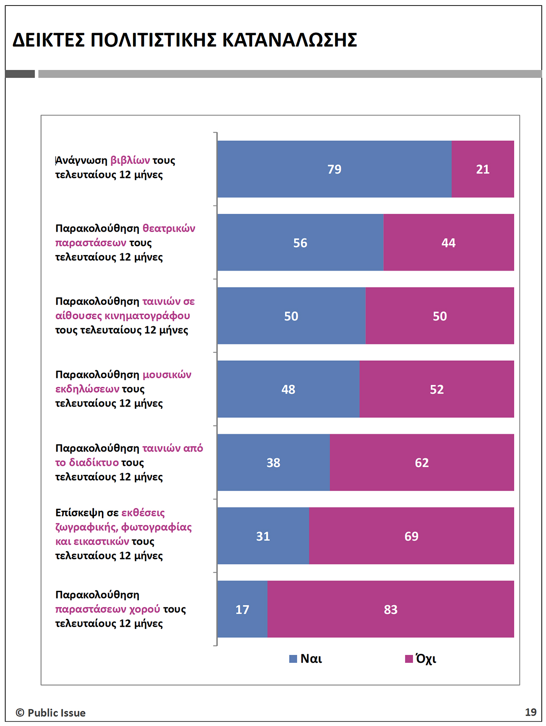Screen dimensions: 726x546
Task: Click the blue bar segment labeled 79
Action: coord(334,169)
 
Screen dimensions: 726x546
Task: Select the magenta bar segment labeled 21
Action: coord(483,169)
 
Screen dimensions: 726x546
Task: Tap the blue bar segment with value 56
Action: coord(300,243)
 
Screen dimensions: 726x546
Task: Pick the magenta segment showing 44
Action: coord(448,243)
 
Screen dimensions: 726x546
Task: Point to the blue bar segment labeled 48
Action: coord(288,389)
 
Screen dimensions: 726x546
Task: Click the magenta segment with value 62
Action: coord(422,463)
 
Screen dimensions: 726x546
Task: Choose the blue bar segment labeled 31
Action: coord(263,536)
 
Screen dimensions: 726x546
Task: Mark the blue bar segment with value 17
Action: coord(242,610)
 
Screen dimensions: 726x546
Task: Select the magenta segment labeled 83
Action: coord(390,610)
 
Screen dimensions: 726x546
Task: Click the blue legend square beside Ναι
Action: coord(293,659)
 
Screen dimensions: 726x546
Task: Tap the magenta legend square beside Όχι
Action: coord(409,659)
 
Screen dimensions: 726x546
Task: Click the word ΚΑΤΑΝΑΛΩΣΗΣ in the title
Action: coord(290,40)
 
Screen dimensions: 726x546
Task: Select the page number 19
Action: coord(530,712)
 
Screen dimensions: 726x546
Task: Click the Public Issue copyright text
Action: coord(51,713)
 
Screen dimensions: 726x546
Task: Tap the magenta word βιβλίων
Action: coord(130,161)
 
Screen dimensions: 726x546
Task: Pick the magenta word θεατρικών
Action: coord(168,229)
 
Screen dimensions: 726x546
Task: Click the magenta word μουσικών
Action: coord(167,375)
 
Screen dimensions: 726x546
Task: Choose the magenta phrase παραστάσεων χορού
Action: coord(108,609)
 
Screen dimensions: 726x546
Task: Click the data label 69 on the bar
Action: coord(411,536)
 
